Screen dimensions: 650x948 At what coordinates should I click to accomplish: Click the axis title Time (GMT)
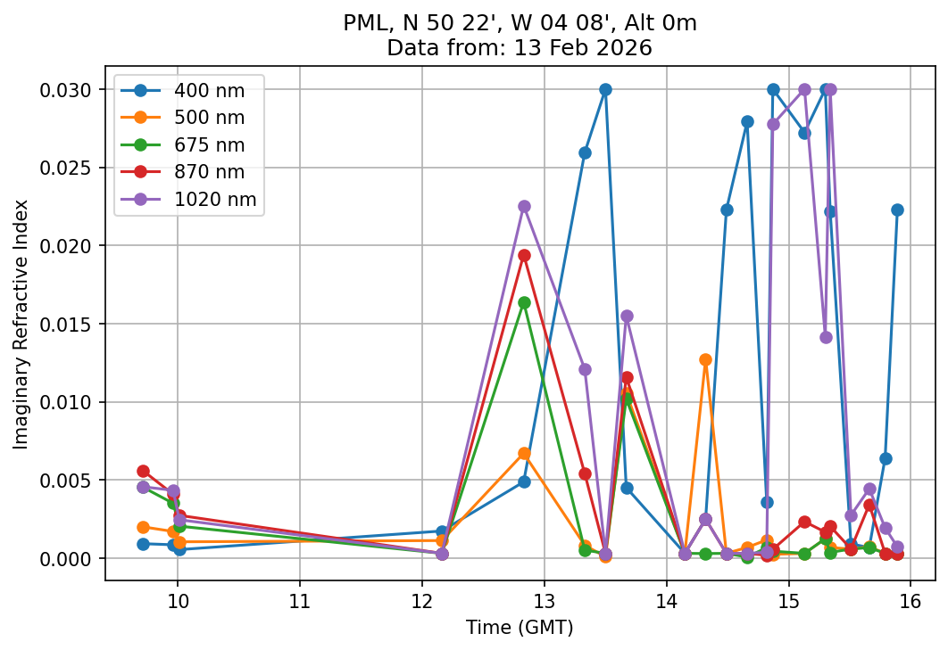[x=520, y=628]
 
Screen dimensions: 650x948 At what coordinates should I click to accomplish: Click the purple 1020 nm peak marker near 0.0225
[x=524, y=206]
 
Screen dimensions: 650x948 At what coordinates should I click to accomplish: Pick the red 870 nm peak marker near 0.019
[x=524, y=255]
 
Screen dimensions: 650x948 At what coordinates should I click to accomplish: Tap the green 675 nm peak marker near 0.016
[x=524, y=302]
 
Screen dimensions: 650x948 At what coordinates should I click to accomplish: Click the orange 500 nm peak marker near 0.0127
[x=705, y=359]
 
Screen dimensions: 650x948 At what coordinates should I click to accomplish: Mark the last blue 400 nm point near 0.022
[x=897, y=210]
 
